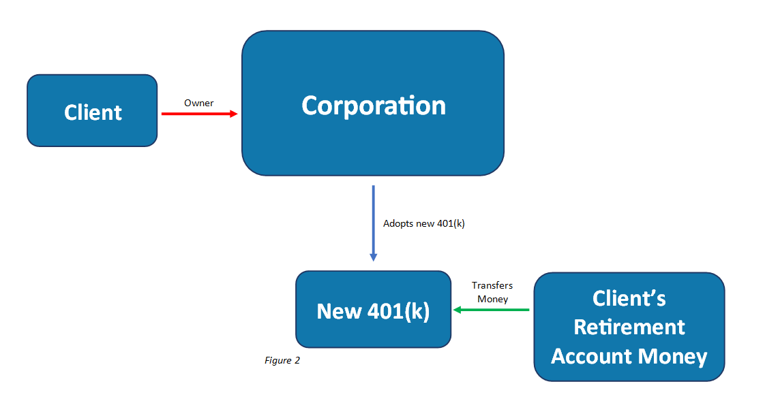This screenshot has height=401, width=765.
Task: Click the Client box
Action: (x=92, y=110)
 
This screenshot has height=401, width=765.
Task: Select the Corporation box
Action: (x=373, y=103)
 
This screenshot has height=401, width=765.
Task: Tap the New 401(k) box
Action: (x=373, y=309)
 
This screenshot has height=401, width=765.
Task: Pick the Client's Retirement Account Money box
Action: (x=629, y=327)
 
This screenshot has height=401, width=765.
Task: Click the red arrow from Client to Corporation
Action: (x=200, y=114)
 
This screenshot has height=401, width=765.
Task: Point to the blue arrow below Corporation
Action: (x=373, y=223)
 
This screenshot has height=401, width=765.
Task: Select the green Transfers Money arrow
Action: (x=492, y=309)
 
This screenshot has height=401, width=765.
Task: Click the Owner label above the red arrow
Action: (x=198, y=103)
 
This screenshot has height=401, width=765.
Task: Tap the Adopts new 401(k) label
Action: (x=424, y=223)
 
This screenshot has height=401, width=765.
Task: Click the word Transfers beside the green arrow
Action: (x=492, y=285)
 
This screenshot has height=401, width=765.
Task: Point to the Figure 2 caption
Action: (x=282, y=361)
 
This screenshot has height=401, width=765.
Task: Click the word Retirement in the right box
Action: (x=629, y=327)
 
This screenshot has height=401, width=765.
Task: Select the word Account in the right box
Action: (x=591, y=356)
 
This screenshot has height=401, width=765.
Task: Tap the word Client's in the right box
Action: (x=629, y=298)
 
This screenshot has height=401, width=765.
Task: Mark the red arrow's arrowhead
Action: (x=234, y=114)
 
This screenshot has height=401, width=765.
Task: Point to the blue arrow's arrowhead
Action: (x=373, y=258)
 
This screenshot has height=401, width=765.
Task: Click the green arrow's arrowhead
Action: (x=457, y=309)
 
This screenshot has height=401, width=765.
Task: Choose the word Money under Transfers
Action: (x=493, y=299)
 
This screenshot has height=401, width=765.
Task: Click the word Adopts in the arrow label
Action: (x=397, y=223)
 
